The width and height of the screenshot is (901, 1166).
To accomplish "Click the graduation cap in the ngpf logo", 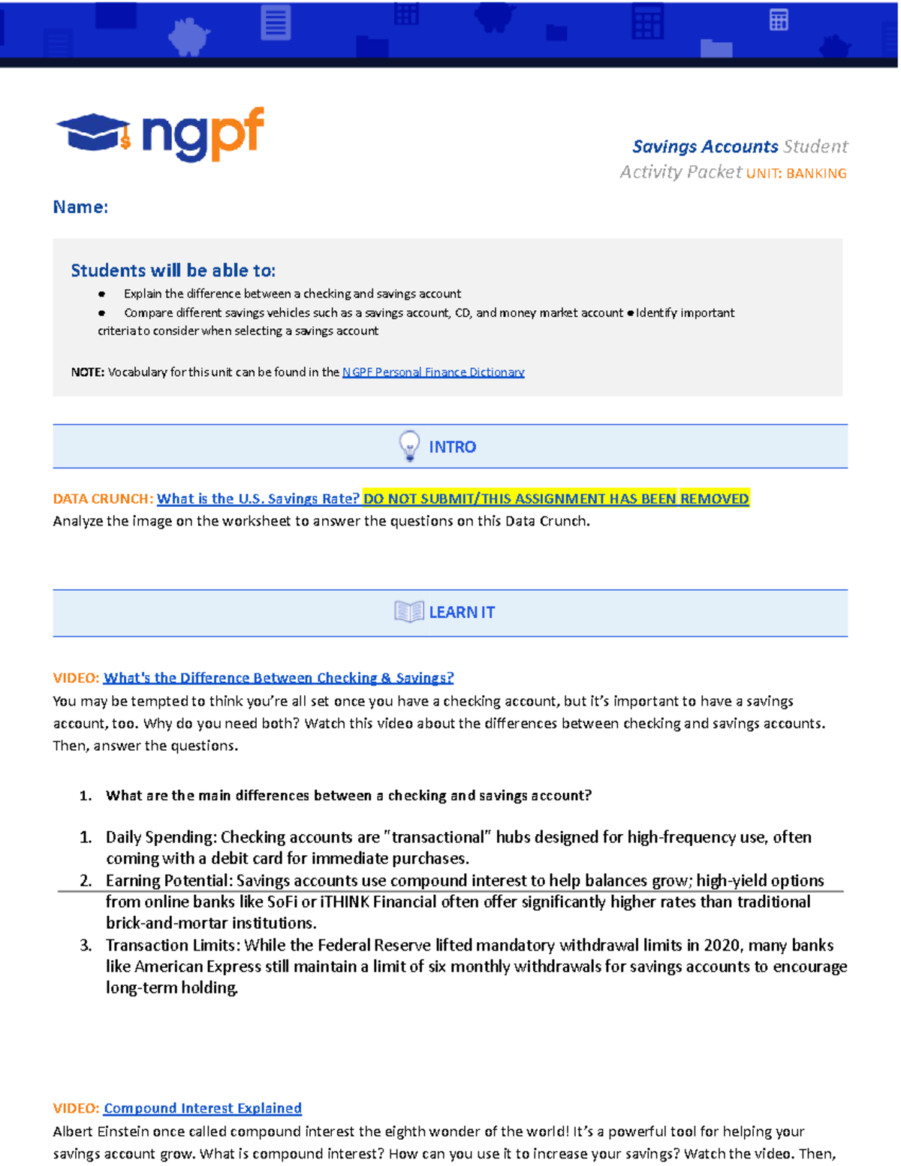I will tap(93, 132).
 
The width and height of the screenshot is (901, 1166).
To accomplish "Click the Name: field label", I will tap(80, 207).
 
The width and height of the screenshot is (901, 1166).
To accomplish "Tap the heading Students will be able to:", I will tap(173, 270).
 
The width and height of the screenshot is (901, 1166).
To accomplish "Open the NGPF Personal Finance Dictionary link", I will tap(433, 372).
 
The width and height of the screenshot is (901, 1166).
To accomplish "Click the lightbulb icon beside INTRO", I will tap(409, 446).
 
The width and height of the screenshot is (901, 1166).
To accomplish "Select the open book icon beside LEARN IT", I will tap(409, 612).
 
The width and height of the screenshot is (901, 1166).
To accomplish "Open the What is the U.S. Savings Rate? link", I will tap(258, 499).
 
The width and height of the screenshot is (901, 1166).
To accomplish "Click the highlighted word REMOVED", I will tap(714, 499).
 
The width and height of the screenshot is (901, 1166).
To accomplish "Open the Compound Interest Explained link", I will tap(203, 1108).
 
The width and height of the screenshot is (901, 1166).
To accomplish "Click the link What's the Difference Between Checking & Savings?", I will tap(279, 678).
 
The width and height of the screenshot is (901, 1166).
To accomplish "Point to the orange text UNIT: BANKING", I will tap(796, 173).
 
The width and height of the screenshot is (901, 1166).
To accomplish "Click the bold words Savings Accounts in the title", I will tap(705, 146).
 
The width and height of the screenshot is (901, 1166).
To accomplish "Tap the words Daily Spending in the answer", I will tap(160, 837).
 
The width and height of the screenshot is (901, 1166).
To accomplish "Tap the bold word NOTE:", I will tap(87, 372).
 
